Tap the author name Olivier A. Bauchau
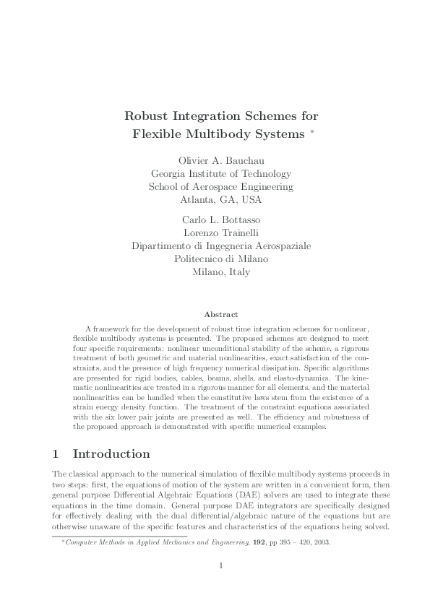pos(220,160)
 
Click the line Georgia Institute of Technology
pos(220,173)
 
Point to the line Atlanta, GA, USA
pos(220,199)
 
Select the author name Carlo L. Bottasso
pos(220,219)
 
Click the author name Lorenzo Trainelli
pos(220,232)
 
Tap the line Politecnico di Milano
pos(220,259)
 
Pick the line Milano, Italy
pos(220,272)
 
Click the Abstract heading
pos(220,314)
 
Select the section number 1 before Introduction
pos(56,454)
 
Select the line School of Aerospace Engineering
pos(220,186)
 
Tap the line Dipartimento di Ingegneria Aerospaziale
pos(220,246)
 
